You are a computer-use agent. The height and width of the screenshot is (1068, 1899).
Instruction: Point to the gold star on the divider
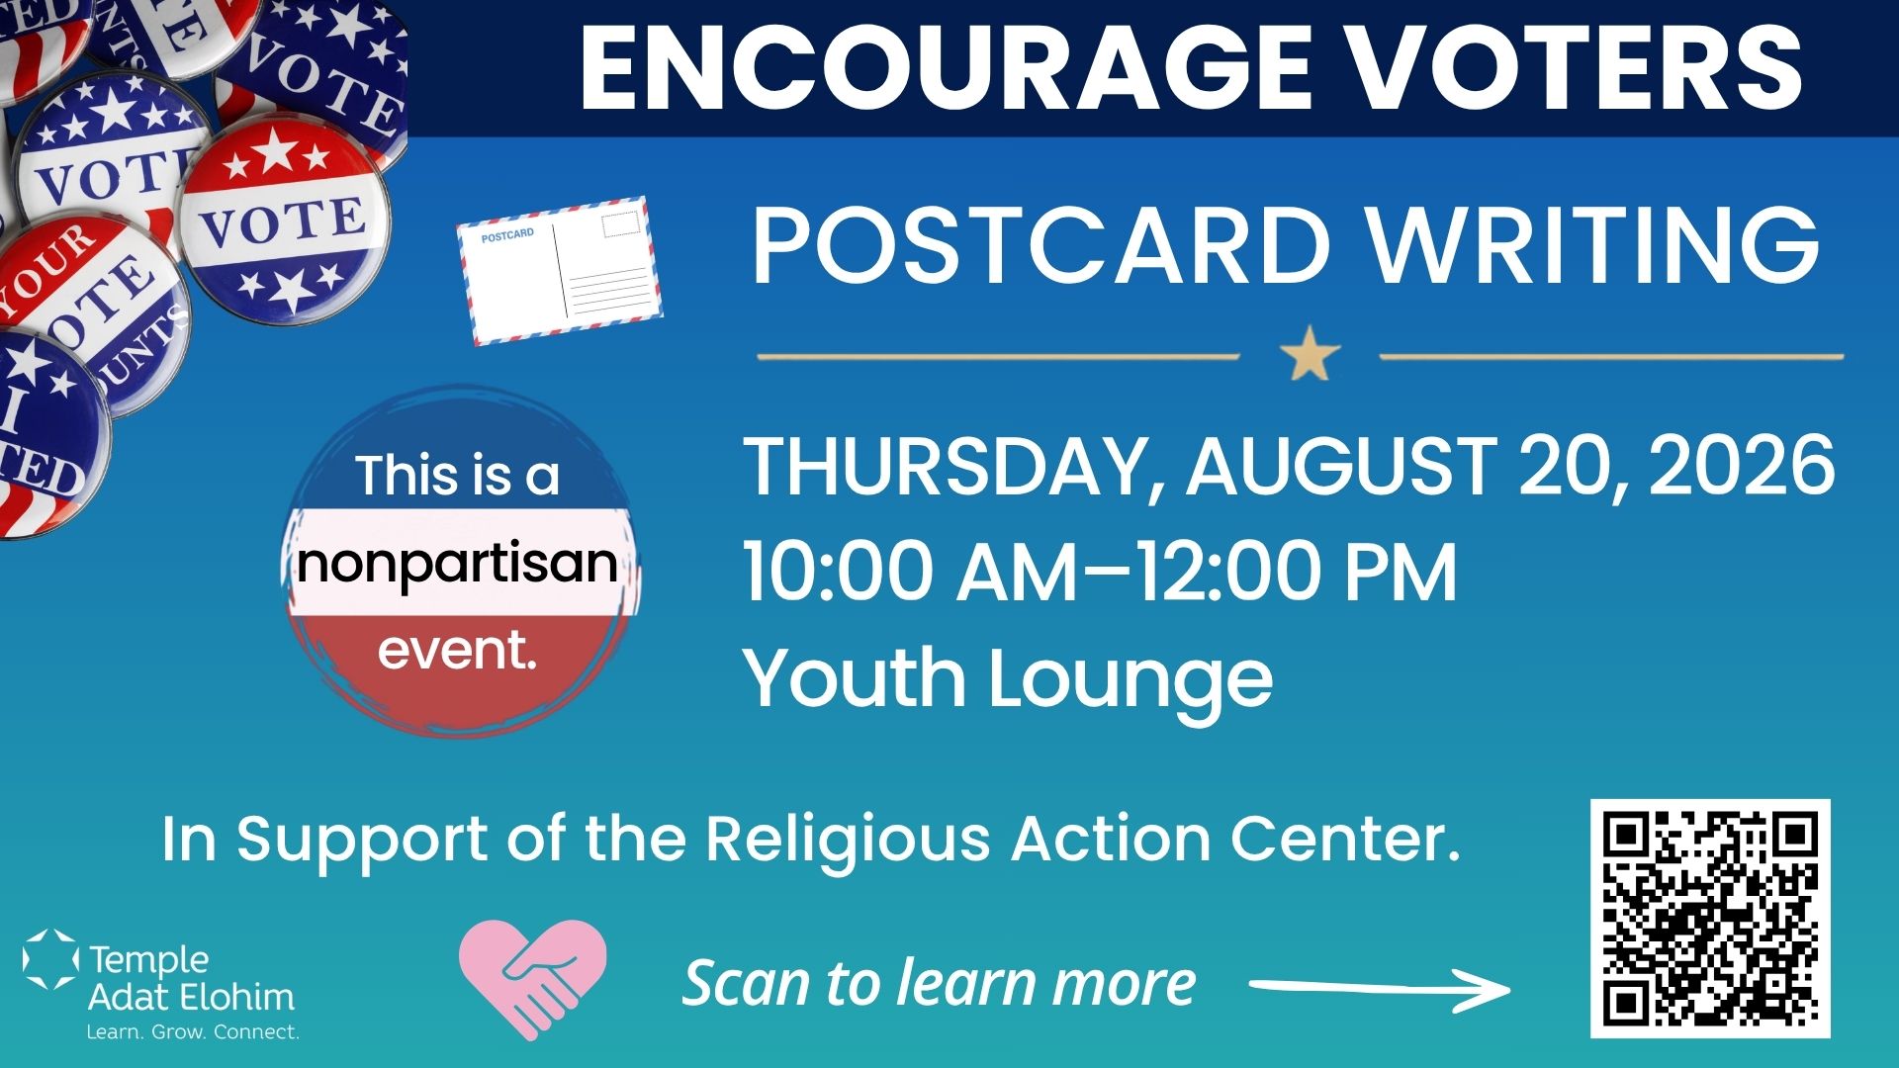(1310, 354)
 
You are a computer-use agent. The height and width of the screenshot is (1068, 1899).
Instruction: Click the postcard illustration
(560, 270)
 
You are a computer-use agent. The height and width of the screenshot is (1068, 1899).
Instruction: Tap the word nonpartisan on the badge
(457, 563)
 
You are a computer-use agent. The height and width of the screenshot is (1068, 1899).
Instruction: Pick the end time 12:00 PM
(1296, 572)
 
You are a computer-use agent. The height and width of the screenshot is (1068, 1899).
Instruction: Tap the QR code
(1710, 919)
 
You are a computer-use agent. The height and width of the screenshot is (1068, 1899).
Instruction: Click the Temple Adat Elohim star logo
(50, 959)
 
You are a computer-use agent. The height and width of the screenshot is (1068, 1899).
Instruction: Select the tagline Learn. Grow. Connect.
(193, 1031)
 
